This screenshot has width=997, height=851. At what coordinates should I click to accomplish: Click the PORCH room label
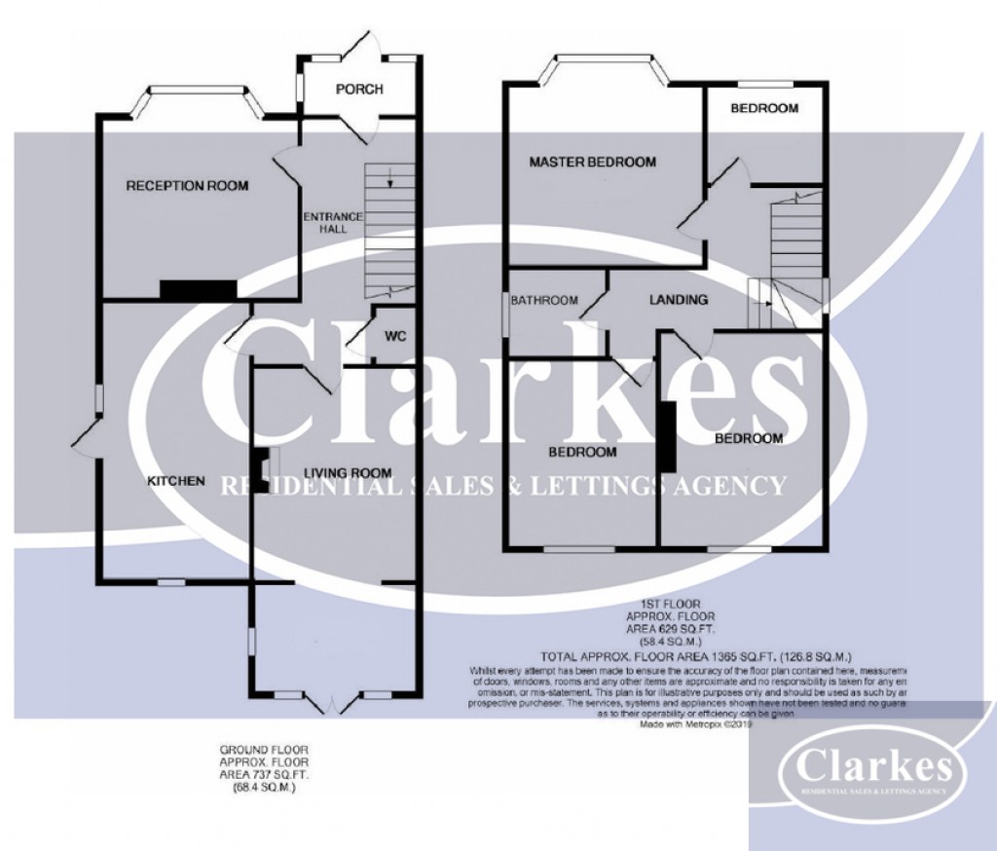point(359,90)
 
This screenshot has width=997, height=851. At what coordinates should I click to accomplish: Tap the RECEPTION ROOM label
point(187,185)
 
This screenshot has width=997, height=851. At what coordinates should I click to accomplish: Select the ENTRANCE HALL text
point(333,222)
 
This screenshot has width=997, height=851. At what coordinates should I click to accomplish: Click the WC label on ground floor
point(394,337)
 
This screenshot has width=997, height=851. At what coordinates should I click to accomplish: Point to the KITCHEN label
point(175,481)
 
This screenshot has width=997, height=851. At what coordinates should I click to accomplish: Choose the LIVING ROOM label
point(348,473)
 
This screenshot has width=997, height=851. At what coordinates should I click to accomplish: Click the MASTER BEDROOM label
point(592,162)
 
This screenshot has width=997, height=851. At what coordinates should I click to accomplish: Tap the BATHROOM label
point(545,300)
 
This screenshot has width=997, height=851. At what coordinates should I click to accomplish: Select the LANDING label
point(678,300)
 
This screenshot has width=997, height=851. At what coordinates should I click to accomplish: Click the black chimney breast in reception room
point(198,288)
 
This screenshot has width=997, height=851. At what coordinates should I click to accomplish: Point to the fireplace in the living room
point(263,465)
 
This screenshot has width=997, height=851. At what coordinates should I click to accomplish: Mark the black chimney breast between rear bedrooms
point(668,437)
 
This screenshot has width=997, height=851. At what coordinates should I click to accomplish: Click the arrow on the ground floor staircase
point(389,177)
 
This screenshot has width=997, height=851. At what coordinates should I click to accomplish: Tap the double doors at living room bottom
point(332,700)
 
